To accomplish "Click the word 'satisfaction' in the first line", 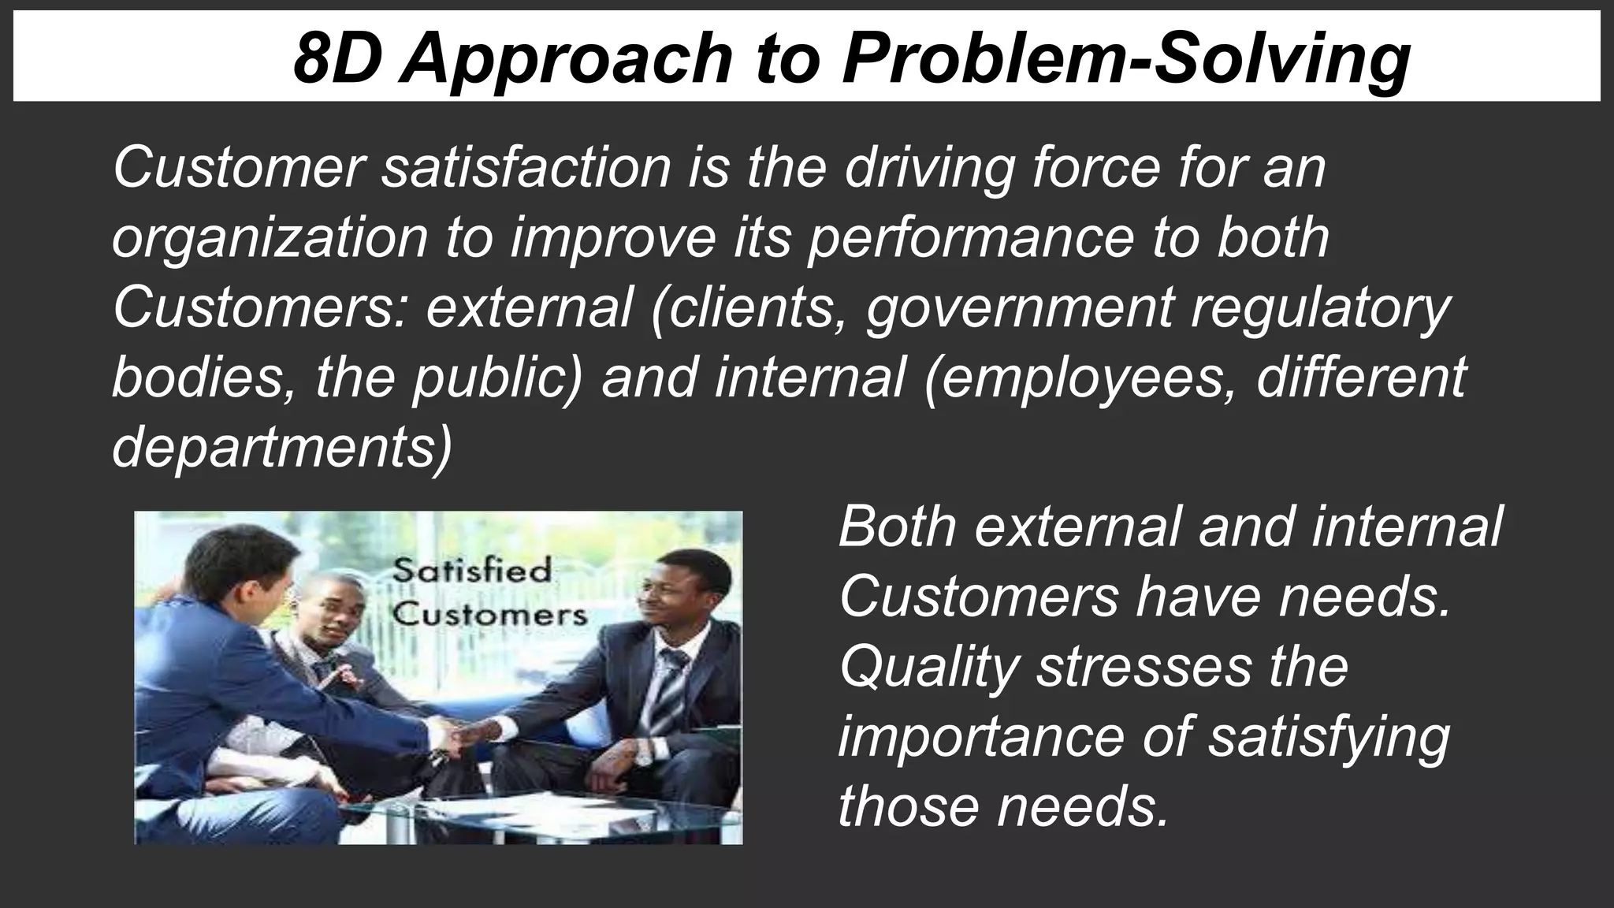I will click(526, 167).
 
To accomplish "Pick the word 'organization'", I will click(269, 240).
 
